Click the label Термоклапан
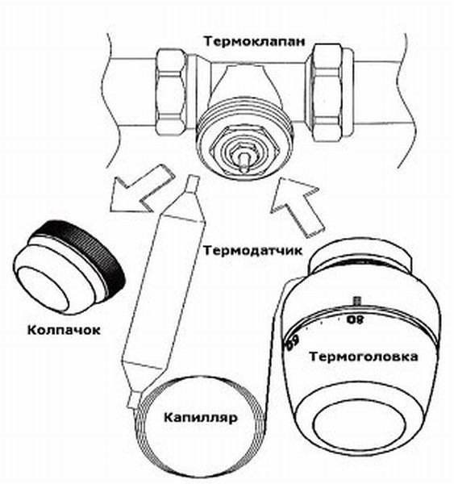pos(254,41)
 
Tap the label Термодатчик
pos(252,250)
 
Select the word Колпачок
pos(65,330)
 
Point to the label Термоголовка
pos(364,357)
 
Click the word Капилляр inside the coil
pos(201,418)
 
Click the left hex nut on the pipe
pos(172,92)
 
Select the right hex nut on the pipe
pos(327,92)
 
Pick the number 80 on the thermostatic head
pos(356,319)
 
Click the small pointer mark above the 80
pos(357,301)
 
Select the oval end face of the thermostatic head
pos(359,427)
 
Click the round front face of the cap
pos(43,290)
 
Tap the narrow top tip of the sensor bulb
pos(192,184)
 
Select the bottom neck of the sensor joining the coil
pos(134,397)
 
